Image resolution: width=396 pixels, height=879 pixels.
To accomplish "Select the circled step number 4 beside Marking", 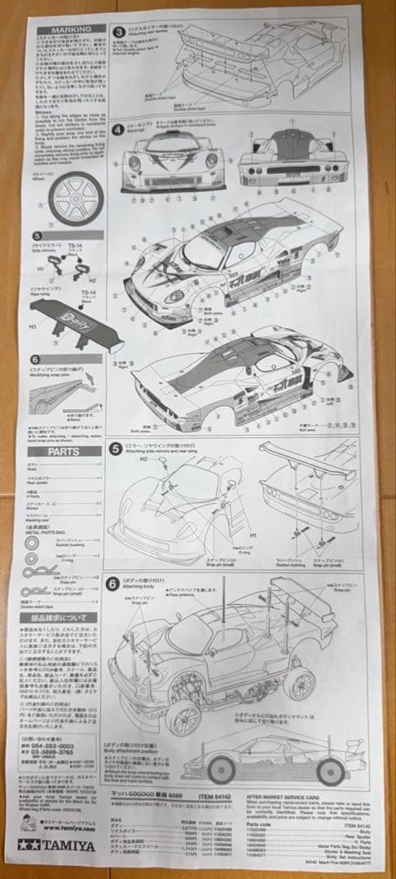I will tap(119, 129).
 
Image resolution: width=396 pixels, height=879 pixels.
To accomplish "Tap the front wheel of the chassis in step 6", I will tap(184, 714).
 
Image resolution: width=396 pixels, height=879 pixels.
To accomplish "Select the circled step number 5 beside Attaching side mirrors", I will tap(119, 447).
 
